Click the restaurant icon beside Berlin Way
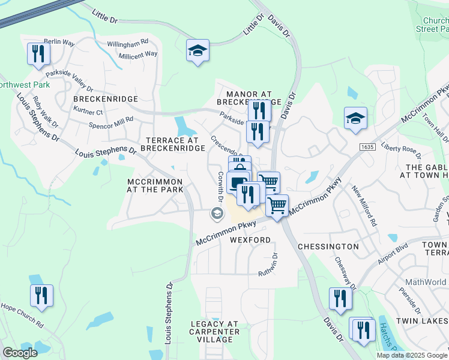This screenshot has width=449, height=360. click(x=38, y=55)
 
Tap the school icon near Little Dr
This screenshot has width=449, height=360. click(x=196, y=51)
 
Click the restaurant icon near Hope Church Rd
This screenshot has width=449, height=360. click(x=41, y=296)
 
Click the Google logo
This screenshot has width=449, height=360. click(x=20, y=353)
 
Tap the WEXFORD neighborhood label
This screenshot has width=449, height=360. click(x=250, y=240)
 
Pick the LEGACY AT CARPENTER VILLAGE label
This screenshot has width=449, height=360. click(x=215, y=332)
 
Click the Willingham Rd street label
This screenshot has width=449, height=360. click(x=127, y=44)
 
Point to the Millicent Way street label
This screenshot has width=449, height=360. click(x=137, y=54)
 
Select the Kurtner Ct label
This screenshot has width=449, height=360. click(x=88, y=112)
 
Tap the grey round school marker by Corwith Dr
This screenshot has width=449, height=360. click(x=216, y=213)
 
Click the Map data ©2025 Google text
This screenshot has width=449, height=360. click(x=412, y=355)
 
